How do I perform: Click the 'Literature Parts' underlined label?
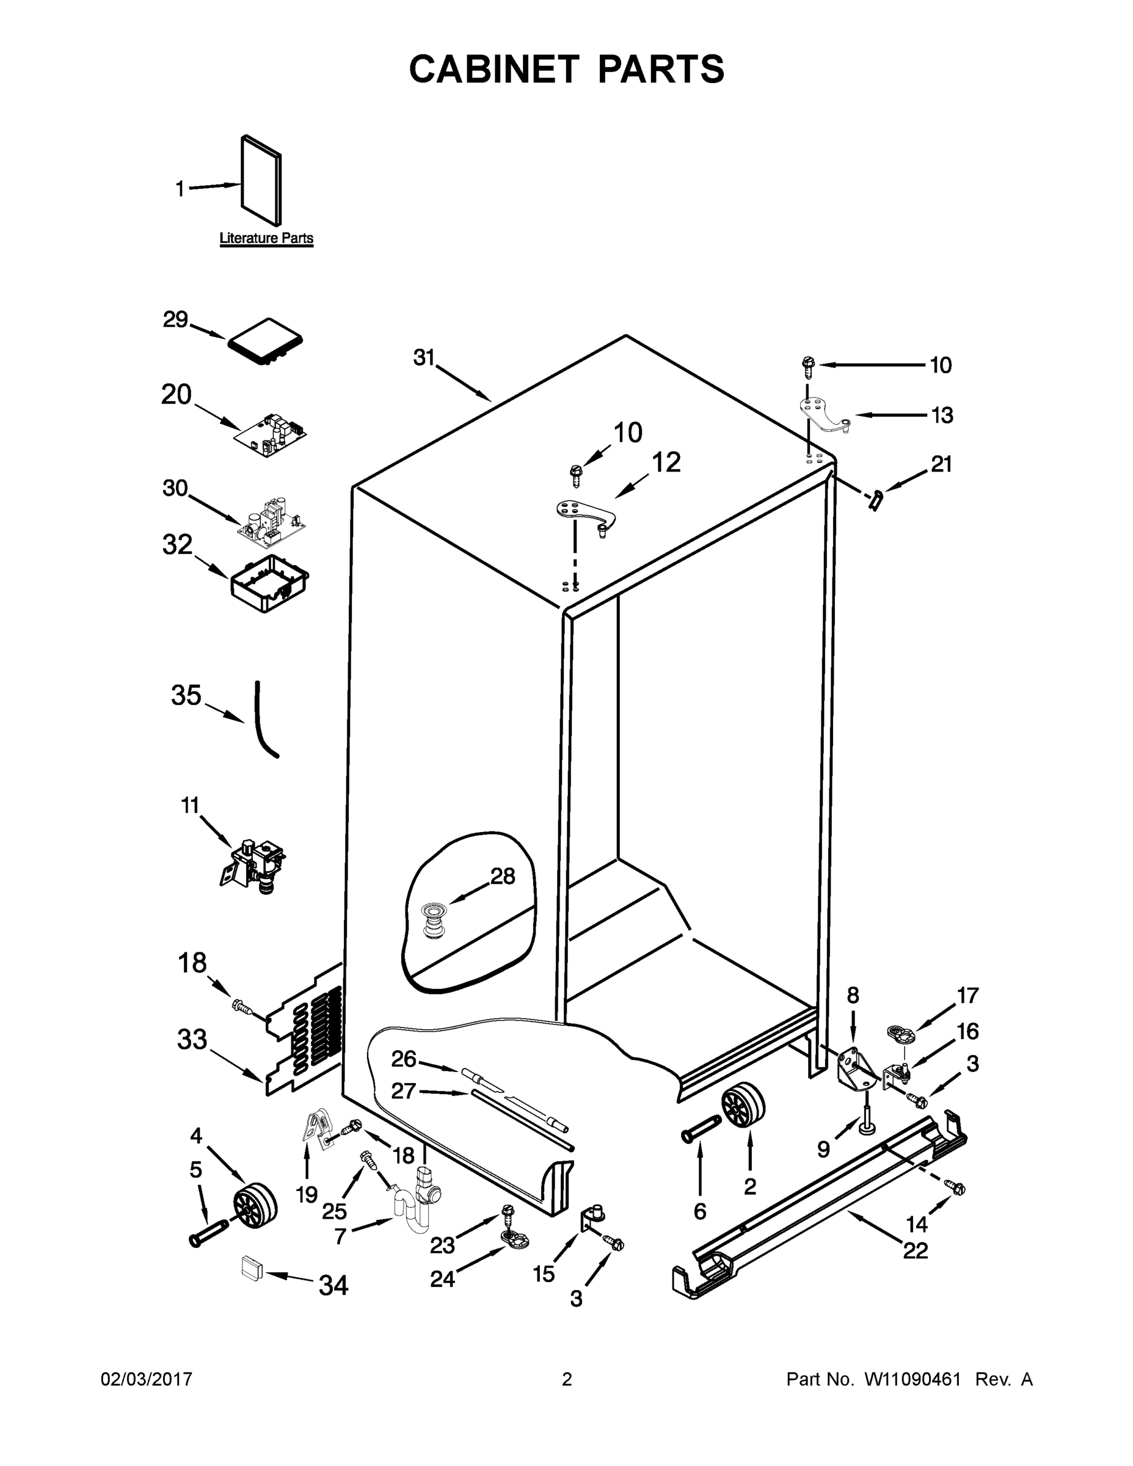point(266,238)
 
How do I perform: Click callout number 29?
point(175,319)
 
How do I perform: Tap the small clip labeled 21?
point(875,500)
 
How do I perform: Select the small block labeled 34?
point(250,1268)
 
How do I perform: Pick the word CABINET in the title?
point(494,69)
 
